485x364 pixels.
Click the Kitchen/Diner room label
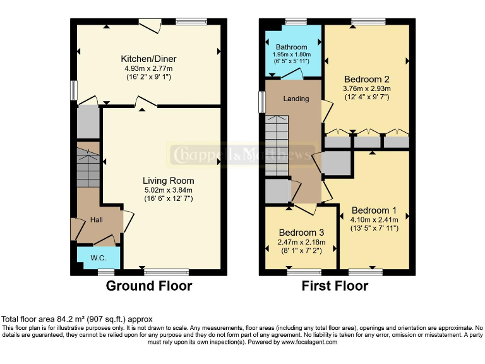pos(148,56)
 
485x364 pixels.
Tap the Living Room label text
pos(167,180)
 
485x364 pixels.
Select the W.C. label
pos(98,258)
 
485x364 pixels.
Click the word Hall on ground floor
pos(97,220)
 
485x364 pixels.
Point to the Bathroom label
pos(291,47)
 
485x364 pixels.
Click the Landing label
pos(296,99)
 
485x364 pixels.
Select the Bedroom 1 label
pos(374,210)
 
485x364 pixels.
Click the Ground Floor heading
pos(148,286)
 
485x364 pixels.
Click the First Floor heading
pos(336,286)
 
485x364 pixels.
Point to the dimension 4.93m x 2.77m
pos(148,67)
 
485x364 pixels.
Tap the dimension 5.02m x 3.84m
pos(167,190)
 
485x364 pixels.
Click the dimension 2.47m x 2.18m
pos(301,241)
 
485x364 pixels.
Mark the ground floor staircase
pos(88,166)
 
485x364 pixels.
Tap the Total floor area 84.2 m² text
pos(77,319)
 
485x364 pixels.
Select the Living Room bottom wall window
pos(162,272)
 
